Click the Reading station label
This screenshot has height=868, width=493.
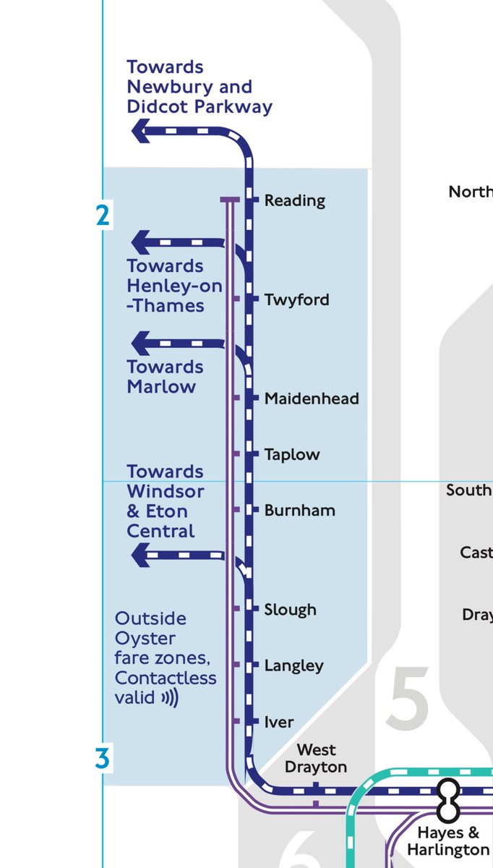294,200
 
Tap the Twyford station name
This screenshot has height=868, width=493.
296,299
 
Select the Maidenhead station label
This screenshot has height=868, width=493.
312,399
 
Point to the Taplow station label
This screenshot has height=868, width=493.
292,454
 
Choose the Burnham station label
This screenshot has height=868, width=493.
299,510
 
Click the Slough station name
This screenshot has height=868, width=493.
290,610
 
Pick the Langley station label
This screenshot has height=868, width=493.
293,665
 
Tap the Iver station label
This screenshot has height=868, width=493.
279,722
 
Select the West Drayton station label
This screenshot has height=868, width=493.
317,758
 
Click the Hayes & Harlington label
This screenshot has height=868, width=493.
448,841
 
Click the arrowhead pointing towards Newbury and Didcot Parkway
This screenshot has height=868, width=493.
140,131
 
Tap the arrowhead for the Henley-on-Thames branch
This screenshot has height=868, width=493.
140,242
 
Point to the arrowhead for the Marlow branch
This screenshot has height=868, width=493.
140,341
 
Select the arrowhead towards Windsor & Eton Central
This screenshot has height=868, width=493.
140,556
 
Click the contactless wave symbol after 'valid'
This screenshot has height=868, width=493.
169,698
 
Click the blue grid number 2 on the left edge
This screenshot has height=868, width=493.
103,216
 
